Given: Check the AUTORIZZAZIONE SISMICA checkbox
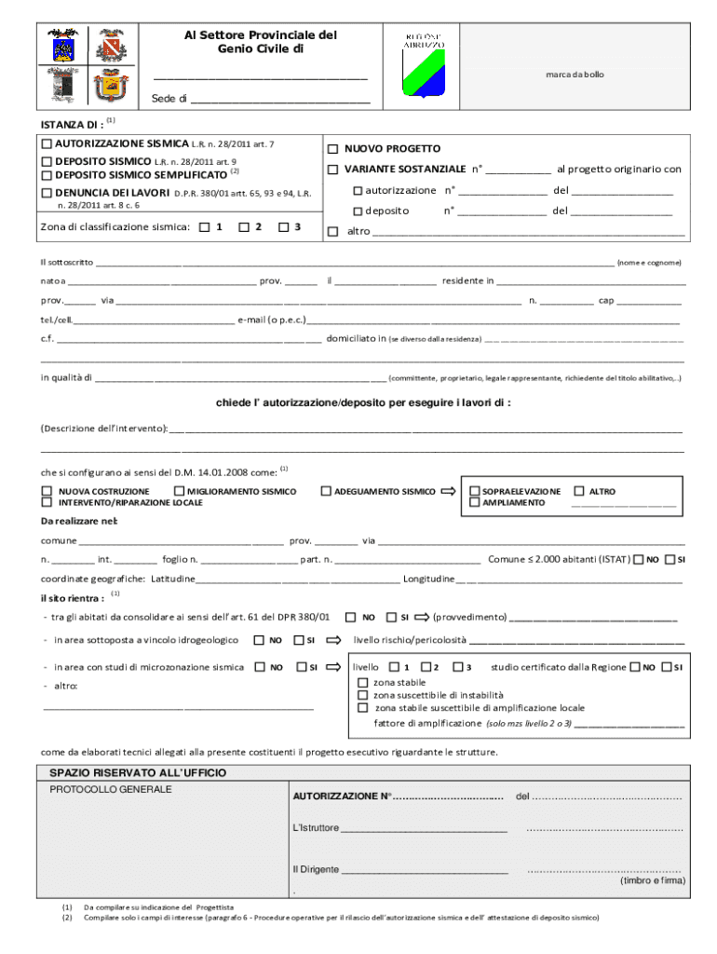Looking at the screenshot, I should [47, 144].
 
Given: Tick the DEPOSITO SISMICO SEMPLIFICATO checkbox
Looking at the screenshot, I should [47, 174].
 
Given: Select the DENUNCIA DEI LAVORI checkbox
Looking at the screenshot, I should [47, 193].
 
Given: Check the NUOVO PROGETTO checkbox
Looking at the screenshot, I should [332, 149].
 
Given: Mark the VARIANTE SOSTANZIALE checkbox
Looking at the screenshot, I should [332, 170].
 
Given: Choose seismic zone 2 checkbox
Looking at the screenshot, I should [244, 226].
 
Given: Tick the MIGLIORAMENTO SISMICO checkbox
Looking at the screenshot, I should [179, 491].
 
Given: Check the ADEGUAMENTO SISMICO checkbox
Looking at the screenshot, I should [326, 491].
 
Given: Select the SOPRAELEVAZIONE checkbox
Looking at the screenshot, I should [475, 491].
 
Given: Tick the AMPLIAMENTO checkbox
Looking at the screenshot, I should [475, 503].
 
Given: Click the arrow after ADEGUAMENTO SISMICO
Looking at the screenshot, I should [448, 491].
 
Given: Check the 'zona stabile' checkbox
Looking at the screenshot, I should [363, 683].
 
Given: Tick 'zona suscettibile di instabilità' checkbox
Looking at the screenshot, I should [363, 695].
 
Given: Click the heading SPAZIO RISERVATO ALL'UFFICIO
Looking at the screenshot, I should [138, 773].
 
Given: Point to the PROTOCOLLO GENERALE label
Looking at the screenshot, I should [111, 790].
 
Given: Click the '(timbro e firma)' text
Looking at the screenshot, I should [653, 880].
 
